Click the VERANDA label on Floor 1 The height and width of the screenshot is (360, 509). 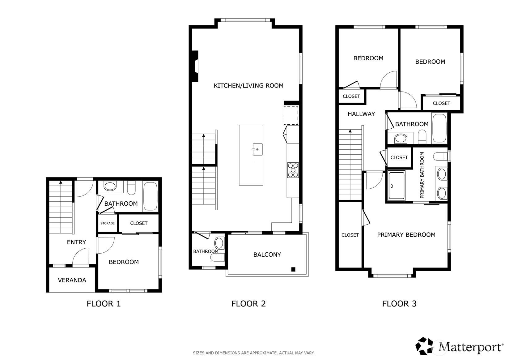[72, 280]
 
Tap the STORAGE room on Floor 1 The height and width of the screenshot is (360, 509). [108, 223]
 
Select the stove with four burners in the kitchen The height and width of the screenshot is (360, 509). [293, 170]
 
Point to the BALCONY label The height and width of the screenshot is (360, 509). [267, 255]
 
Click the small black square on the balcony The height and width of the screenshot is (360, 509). [293, 269]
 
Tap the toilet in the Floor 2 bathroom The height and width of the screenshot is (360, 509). [219, 243]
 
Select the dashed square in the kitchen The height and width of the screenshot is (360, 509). [291, 115]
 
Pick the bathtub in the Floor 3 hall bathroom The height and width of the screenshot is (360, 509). [439, 128]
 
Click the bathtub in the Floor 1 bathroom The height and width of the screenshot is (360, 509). [150, 196]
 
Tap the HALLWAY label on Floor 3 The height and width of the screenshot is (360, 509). [361, 114]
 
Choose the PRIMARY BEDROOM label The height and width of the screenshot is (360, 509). [406, 235]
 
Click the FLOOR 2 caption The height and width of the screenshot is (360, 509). [248, 304]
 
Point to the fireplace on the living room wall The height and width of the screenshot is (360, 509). [195, 66]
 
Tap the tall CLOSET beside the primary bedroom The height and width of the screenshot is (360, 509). [350, 235]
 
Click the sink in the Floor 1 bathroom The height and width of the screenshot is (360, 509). [110, 186]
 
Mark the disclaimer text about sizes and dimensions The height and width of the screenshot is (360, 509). [253, 353]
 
